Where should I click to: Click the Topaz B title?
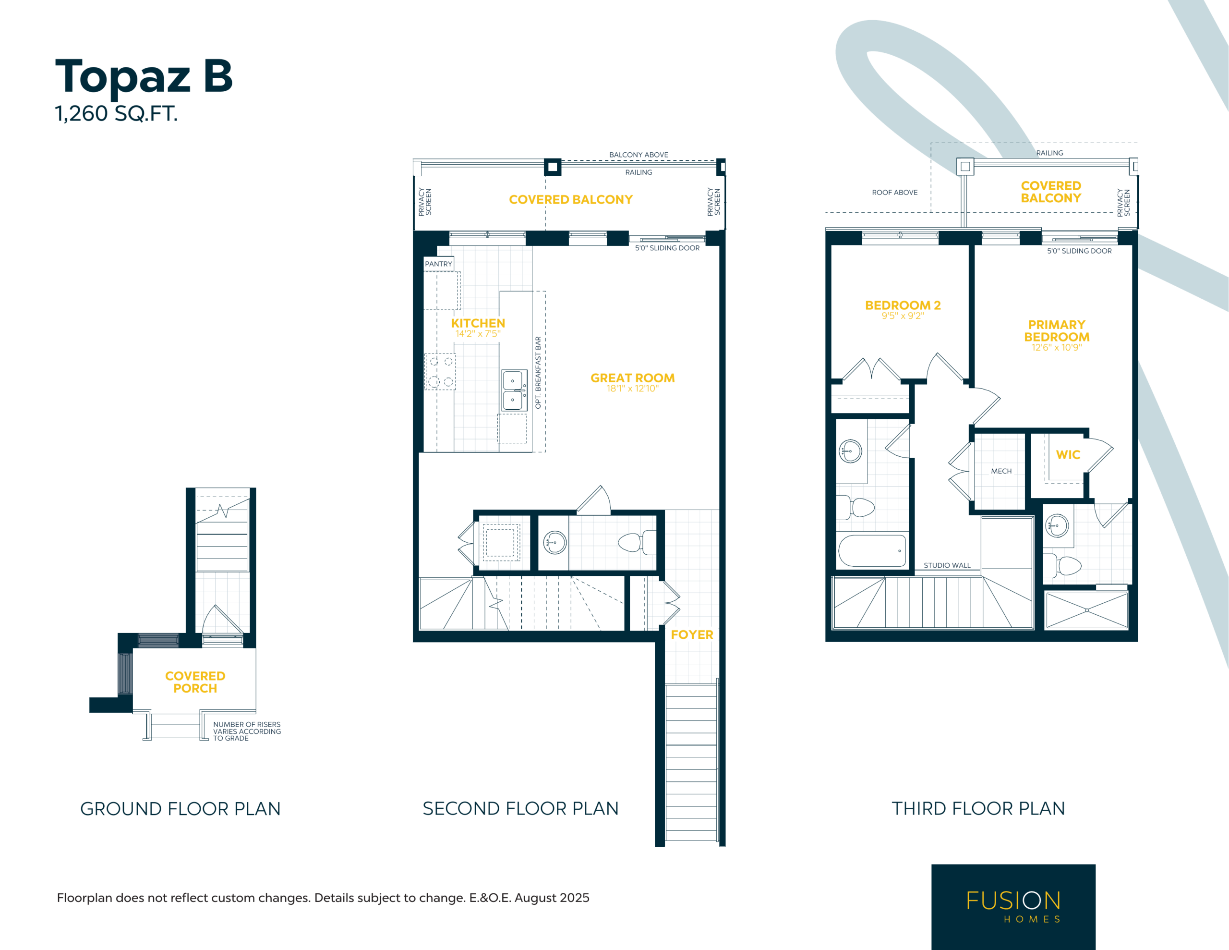point(144,78)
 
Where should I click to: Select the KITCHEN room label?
point(478,323)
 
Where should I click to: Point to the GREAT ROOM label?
point(633,378)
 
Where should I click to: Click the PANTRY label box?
point(438,264)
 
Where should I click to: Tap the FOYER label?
point(692,634)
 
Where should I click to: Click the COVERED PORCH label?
point(195,682)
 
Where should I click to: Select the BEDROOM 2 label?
point(903,305)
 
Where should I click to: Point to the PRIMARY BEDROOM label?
point(1056,331)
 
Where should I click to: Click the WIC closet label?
point(1068,455)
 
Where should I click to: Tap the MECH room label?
point(1001,471)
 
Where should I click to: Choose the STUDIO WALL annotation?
point(947,565)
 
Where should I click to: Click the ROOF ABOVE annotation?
point(895,193)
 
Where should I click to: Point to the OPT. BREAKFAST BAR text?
point(538,373)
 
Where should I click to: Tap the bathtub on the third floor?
point(872,550)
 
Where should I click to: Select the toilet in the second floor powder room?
point(637,542)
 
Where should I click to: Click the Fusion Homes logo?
point(1013,906)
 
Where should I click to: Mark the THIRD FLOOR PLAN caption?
point(978,809)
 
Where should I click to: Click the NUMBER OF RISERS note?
point(246,731)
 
